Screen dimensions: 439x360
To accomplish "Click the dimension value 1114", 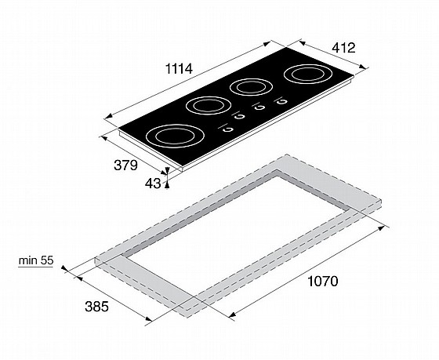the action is click(x=180, y=69).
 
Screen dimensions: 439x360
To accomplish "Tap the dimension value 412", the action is click(x=343, y=48).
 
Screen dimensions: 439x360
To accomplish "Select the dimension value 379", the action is click(x=125, y=165).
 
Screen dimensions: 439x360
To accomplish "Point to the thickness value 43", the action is click(x=153, y=184).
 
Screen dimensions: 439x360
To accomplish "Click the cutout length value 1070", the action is click(x=323, y=282).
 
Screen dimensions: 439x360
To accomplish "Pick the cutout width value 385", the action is click(x=96, y=307).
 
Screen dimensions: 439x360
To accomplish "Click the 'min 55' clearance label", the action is click(x=36, y=260).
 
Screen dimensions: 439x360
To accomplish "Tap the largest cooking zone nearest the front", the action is click(x=175, y=136).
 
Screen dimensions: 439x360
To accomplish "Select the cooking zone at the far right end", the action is click(x=308, y=75).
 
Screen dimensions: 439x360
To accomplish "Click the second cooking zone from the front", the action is click(x=209, y=106).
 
